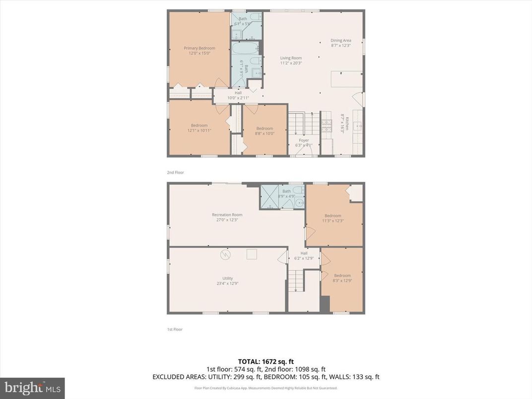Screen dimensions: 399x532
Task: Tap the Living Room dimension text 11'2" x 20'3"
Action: coord(291,63)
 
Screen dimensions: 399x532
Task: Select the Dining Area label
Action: coord(341,40)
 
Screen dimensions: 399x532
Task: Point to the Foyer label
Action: coord(304,140)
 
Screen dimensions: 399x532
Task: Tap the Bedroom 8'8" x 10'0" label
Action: coord(265,129)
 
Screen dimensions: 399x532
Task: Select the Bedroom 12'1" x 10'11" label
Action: coord(199,126)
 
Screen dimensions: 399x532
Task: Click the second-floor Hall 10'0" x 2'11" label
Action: coord(238,93)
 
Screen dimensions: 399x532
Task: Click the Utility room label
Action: coord(227,278)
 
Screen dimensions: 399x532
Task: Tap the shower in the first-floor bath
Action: coord(270,197)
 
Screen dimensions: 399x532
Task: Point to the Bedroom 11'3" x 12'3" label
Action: coord(333,215)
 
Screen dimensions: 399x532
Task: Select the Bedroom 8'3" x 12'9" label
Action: coord(342,275)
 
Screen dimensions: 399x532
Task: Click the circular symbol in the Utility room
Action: coord(226,255)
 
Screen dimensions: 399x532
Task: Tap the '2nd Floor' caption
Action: coord(176,172)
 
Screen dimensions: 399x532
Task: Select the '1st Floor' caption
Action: coord(175,329)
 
